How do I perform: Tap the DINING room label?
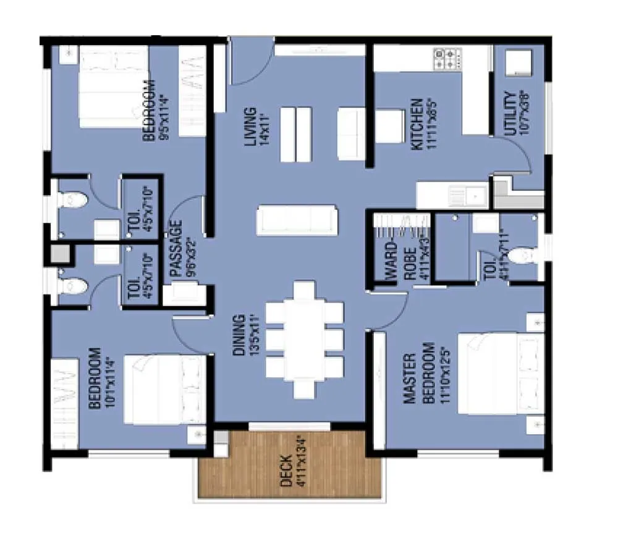240,335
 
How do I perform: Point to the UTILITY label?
510,114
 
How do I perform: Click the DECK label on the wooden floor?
286,462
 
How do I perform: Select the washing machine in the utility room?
518,63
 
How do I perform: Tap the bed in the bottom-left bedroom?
164,390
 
